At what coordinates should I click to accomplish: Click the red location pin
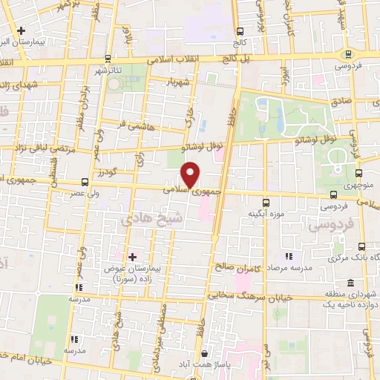(191, 175)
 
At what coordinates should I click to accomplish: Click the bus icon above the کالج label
(240, 31)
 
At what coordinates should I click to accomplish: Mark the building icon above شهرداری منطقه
(350, 282)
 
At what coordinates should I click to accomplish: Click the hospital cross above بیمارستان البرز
(21, 31)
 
